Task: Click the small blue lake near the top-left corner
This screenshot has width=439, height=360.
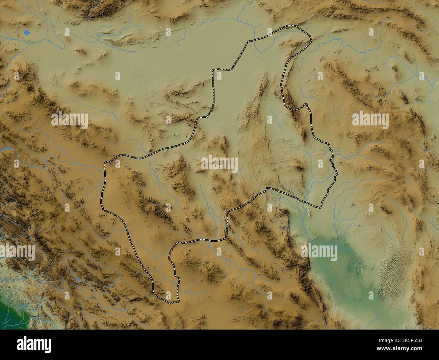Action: (x=27, y=32)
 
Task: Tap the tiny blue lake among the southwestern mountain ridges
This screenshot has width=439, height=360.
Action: (x=79, y=280)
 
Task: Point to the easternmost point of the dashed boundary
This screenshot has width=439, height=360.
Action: (x=337, y=174)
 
